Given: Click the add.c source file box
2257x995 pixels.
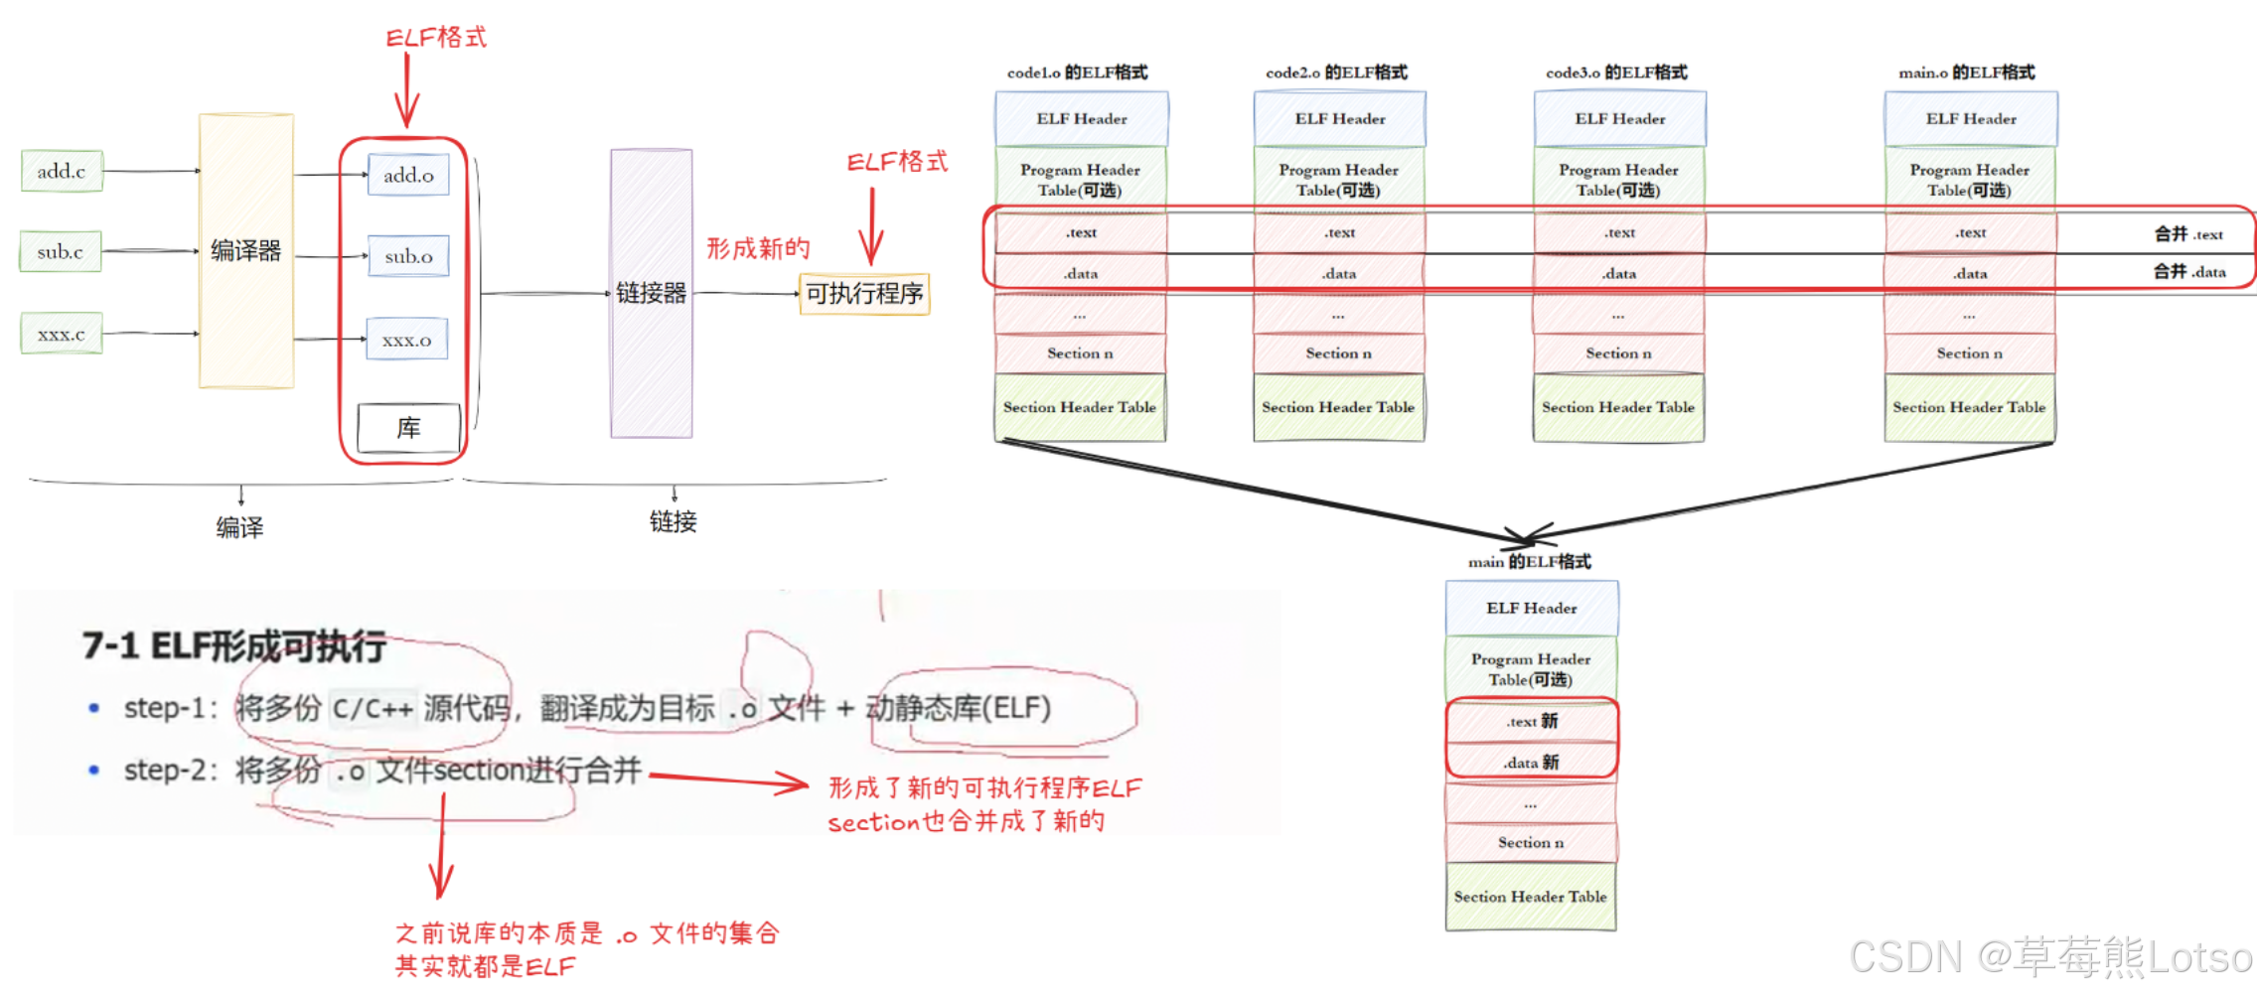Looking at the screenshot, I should [x=62, y=171].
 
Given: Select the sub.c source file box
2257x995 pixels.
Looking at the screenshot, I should [x=61, y=251].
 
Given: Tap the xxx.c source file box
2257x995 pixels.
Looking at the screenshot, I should [x=62, y=334].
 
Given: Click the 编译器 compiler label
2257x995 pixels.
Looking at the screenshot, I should [x=245, y=250].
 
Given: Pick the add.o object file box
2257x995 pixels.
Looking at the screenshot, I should [x=408, y=175].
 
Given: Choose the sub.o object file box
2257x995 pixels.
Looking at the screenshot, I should [x=408, y=256].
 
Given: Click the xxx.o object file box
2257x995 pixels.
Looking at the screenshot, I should [x=407, y=340].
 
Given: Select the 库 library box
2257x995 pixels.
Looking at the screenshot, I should [x=408, y=428].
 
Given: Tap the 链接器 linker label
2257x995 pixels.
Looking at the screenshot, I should [x=651, y=293].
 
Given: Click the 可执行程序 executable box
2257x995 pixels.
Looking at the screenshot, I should [x=864, y=294].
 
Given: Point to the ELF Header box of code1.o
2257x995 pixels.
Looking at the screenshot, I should [x=1081, y=119].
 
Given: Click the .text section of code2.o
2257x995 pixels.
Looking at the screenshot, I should [x=1339, y=232].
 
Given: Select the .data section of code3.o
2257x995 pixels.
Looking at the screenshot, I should [x=1619, y=273].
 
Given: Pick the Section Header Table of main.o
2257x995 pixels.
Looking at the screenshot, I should [x=1969, y=407].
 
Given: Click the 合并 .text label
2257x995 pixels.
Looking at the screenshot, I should [x=2188, y=234].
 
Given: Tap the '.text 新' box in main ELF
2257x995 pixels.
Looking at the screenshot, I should [x=1531, y=722].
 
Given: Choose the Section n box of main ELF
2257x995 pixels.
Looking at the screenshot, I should [x=1531, y=842].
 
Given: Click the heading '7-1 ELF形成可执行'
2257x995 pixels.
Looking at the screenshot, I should [x=234, y=646].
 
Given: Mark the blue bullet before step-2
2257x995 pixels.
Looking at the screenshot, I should [x=94, y=770].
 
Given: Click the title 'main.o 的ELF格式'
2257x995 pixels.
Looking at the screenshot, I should [x=1966, y=72].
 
